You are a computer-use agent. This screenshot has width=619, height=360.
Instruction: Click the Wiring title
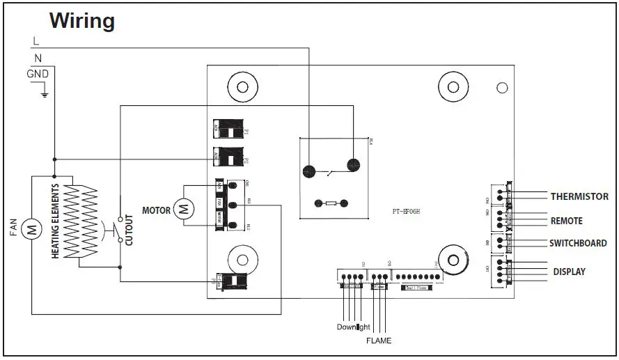pos(81,21)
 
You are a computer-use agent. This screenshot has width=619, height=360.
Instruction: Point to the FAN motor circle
pos(31,228)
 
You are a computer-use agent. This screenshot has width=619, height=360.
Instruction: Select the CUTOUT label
pos(129,228)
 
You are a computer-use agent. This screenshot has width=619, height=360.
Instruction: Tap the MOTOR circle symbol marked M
pos(183,208)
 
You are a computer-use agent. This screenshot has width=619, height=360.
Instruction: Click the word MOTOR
pos(156,210)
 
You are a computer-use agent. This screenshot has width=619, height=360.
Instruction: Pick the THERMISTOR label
pos(579,196)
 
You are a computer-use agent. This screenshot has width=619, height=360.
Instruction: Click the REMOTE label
pos(566,221)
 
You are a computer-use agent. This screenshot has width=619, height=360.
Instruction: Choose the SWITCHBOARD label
pos(578,243)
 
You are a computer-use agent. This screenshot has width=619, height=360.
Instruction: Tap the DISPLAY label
pos(569,272)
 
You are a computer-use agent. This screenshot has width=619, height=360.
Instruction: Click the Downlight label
pos(353,327)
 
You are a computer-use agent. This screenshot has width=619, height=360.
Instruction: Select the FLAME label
pos(379,341)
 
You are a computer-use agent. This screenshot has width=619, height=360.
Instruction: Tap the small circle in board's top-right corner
pos(501,88)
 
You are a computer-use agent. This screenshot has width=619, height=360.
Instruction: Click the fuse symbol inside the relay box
pos(329,203)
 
